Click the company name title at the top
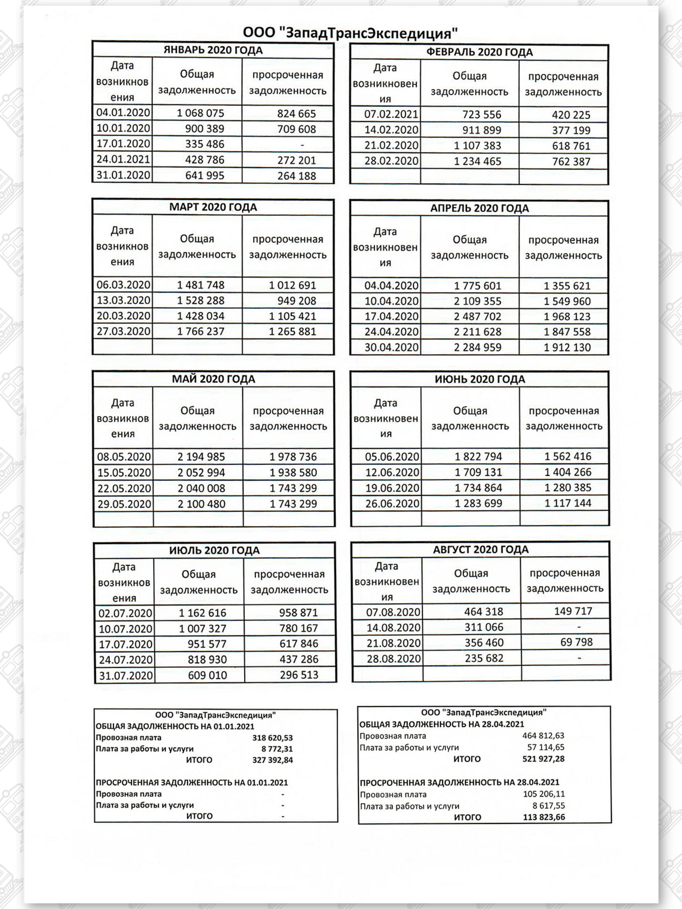(350, 33)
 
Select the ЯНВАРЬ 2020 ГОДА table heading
(213, 50)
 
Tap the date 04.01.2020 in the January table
(123, 112)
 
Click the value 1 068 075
(200, 113)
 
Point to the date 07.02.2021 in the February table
(391, 114)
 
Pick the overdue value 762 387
(571, 161)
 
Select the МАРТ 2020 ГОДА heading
(213, 207)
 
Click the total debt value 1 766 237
(200, 331)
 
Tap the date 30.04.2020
(391, 347)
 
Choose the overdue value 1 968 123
(567, 316)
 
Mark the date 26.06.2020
(392, 503)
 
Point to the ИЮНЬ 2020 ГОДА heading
(480, 379)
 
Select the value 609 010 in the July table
(207, 675)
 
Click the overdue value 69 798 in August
(576, 642)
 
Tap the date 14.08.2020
(393, 628)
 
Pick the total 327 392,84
(272, 760)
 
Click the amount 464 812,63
(543, 736)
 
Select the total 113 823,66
(544, 817)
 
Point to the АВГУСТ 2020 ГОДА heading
(480, 550)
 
